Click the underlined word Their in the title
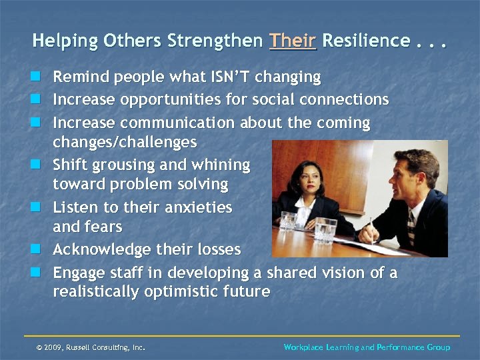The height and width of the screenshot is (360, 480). coord(293,41)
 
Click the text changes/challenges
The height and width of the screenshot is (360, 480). coord(125,142)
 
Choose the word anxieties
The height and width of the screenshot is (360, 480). coord(195,207)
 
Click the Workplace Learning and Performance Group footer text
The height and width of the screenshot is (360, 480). coord(367,347)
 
